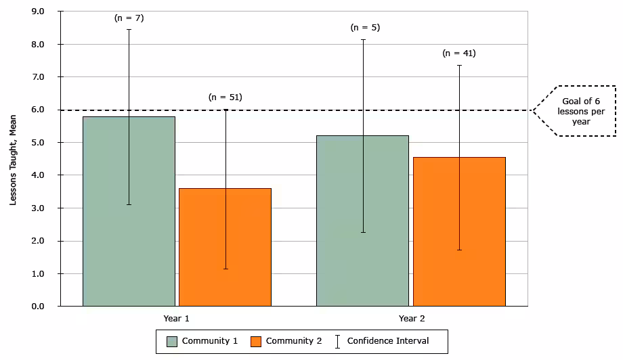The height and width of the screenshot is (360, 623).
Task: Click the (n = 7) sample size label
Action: [x=129, y=18]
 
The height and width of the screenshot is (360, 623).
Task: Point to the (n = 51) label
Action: [x=225, y=97]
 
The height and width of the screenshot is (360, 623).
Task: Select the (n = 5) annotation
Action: [x=365, y=28]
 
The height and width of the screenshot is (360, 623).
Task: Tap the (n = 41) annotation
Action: [x=459, y=53]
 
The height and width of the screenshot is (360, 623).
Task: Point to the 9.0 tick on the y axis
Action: [x=38, y=12]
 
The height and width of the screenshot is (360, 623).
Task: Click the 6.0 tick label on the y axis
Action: [x=38, y=110]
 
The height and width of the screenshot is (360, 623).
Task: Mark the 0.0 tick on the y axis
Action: [x=38, y=307]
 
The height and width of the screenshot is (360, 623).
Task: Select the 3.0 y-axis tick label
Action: [x=38, y=208]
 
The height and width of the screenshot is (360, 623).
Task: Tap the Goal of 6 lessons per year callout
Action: [x=576, y=111]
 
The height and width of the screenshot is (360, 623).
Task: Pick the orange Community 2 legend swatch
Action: [x=256, y=341]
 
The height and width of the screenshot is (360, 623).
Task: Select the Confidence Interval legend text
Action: [x=388, y=341]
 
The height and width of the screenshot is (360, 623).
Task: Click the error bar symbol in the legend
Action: [x=338, y=341]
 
